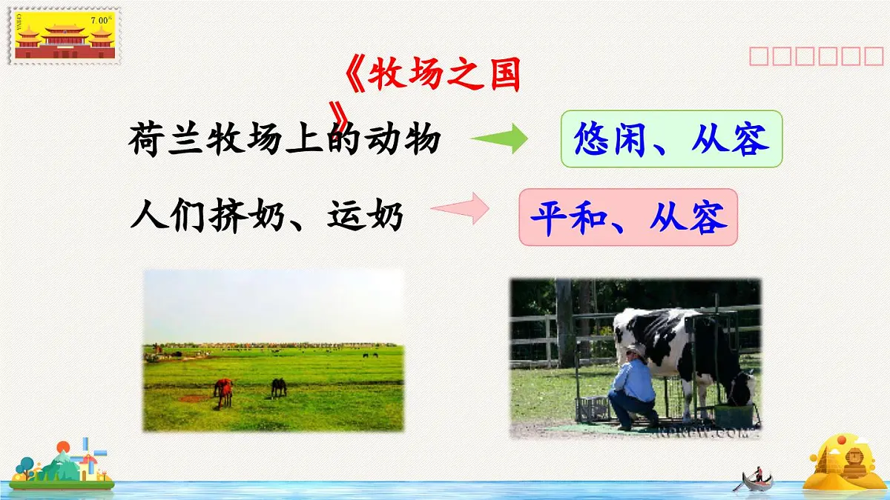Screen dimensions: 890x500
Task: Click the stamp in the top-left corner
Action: (x=65, y=36)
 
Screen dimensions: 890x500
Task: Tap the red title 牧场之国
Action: (x=443, y=76)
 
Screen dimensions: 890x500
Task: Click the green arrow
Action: (x=499, y=139)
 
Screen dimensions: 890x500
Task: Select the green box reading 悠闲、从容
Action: (x=671, y=139)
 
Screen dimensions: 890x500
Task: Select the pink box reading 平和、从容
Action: (x=628, y=217)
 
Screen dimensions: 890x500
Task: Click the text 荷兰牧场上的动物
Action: (x=285, y=139)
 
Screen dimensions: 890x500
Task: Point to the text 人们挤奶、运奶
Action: (x=266, y=217)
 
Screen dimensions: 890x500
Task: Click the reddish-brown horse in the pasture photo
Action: (x=223, y=390)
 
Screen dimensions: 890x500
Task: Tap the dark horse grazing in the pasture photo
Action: (x=278, y=387)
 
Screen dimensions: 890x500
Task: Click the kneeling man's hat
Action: (x=635, y=347)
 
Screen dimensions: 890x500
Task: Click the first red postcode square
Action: (x=759, y=56)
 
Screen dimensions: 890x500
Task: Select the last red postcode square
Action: (x=873, y=56)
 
